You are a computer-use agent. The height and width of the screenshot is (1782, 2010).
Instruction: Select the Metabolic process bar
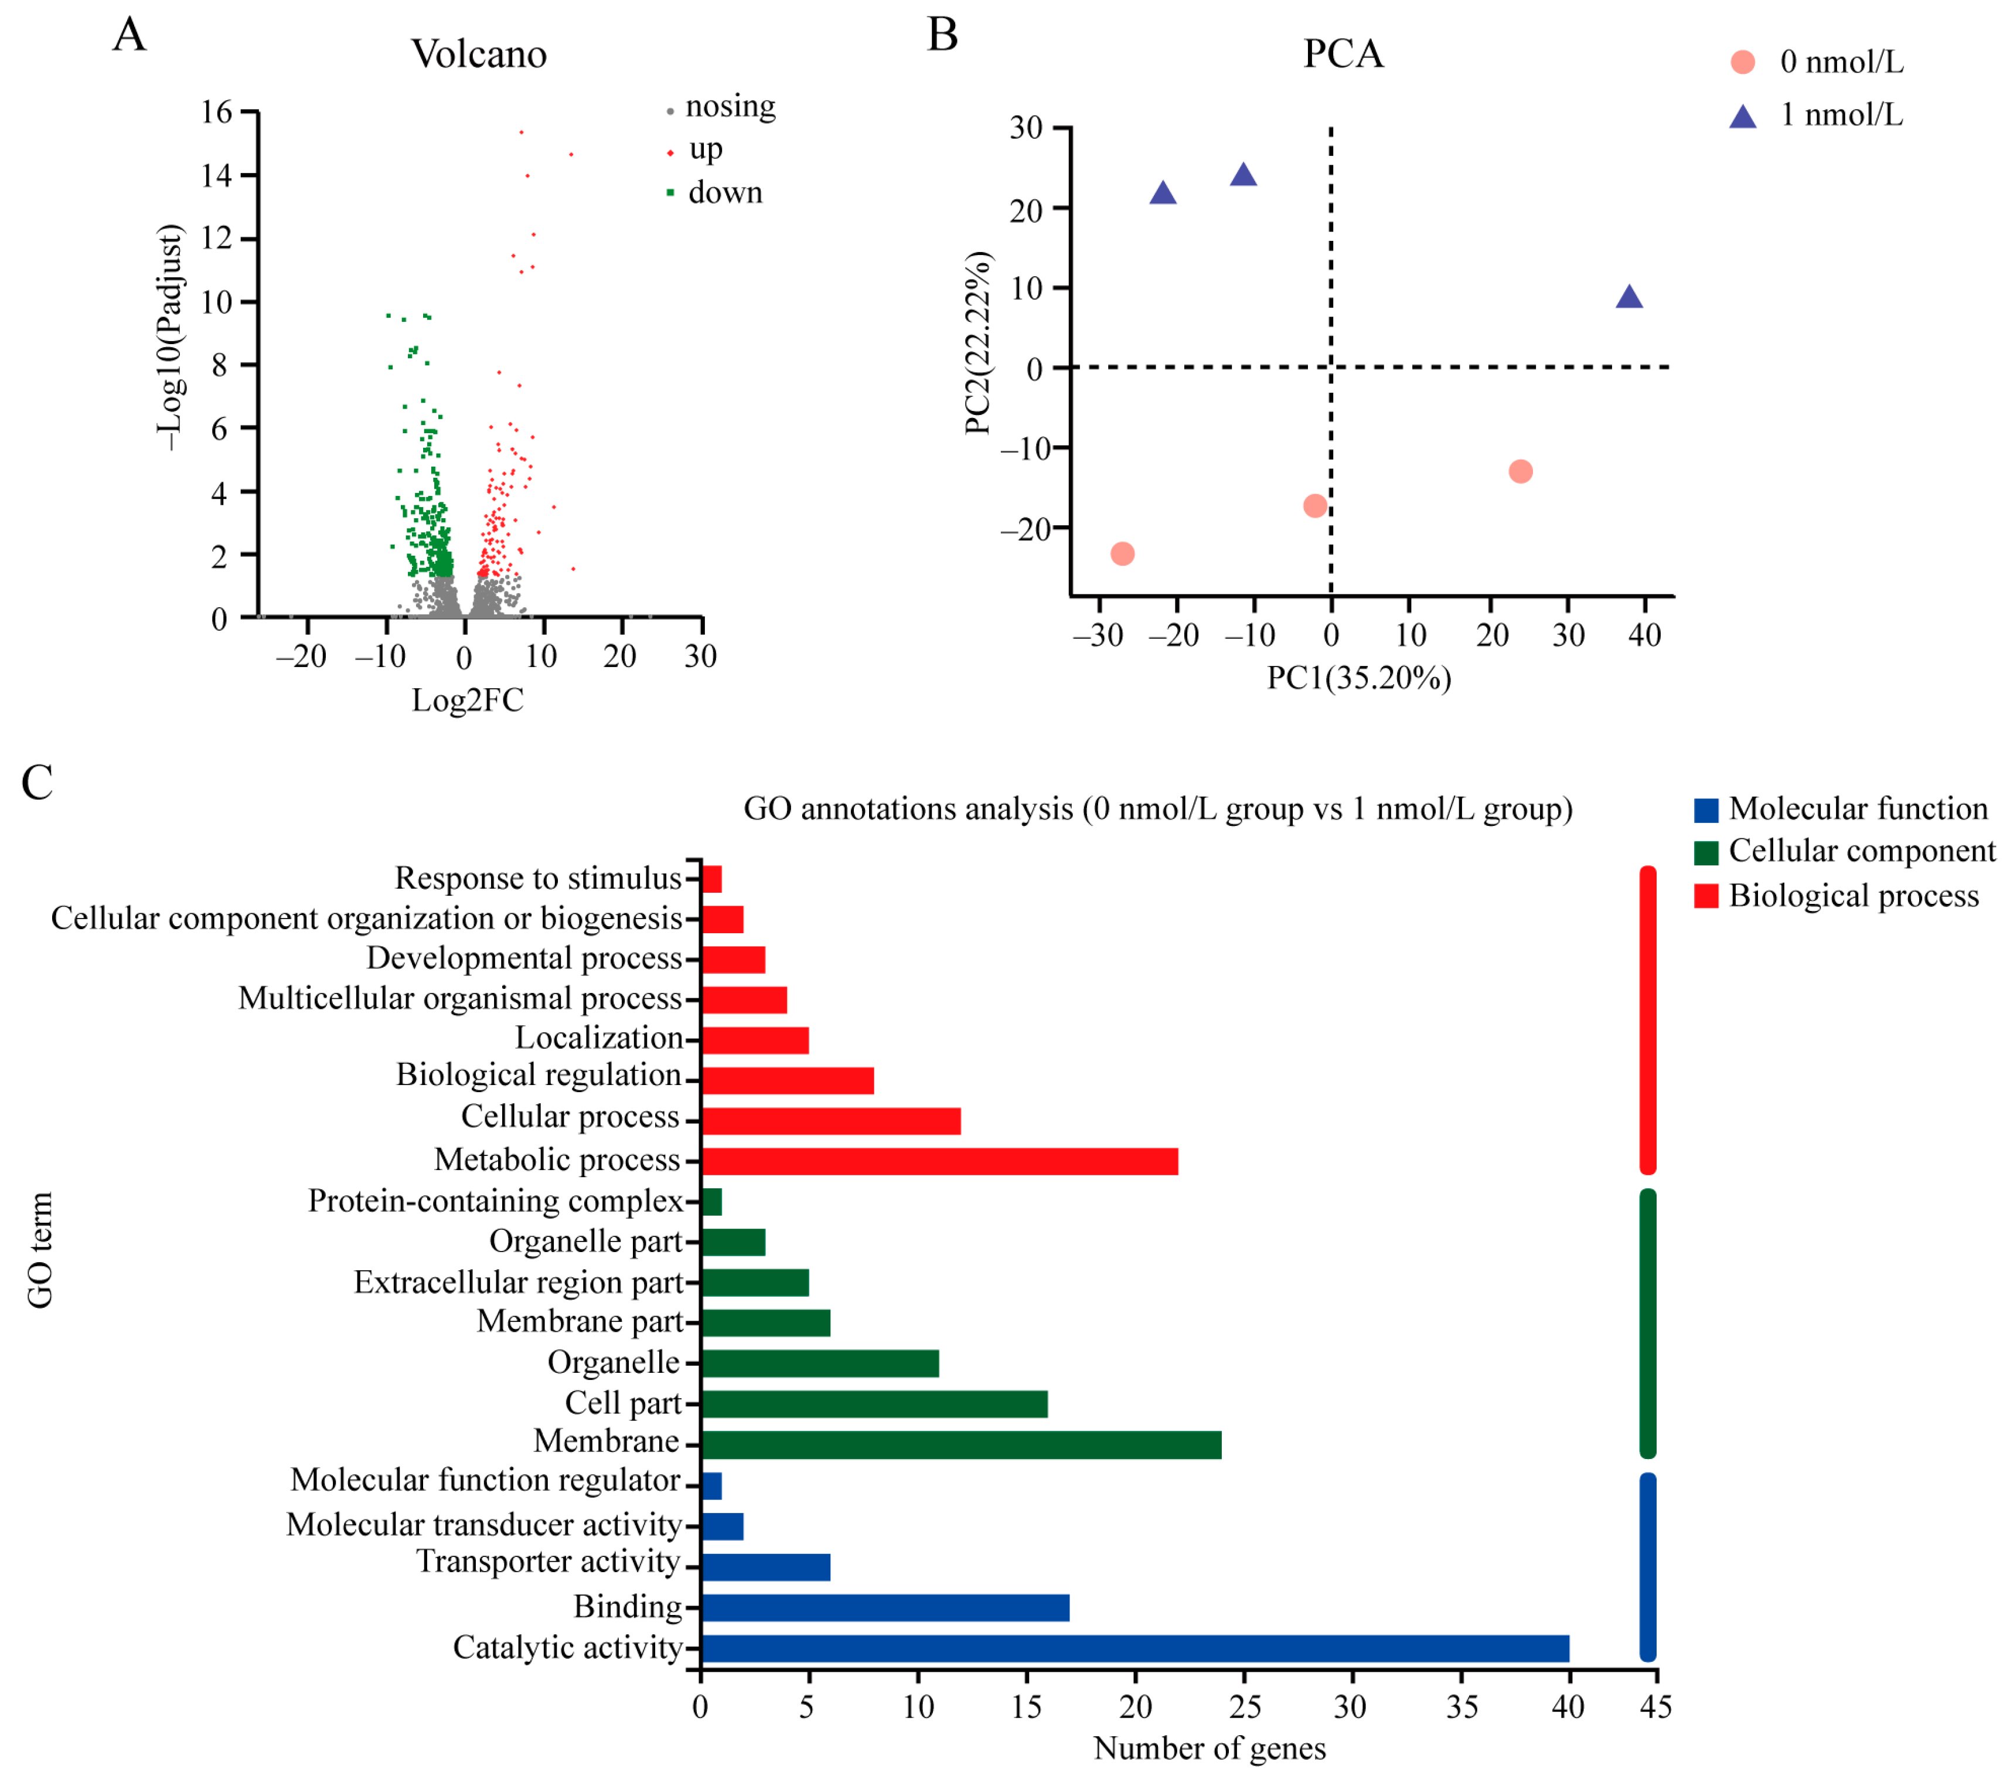pos(939,1161)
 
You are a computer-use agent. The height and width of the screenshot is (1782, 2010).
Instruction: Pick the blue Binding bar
pos(885,1608)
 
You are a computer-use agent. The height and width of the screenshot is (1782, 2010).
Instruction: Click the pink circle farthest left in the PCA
pos(1122,554)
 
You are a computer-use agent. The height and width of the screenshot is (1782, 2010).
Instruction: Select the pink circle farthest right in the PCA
pos(1520,472)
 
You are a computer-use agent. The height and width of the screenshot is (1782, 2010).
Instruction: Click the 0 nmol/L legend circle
pos(1743,62)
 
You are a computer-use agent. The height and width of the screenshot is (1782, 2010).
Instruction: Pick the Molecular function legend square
pos(1706,810)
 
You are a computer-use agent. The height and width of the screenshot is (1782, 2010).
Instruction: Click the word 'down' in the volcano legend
pos(725,193)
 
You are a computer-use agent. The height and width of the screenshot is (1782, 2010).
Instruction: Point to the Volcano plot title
pos(478,54)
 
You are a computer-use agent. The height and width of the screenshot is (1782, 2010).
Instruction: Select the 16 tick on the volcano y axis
pos(216,112)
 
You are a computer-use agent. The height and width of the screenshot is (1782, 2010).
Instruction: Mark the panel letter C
pos(38,784)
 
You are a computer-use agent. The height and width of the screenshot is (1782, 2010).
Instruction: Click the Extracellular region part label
pos(518,1283)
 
